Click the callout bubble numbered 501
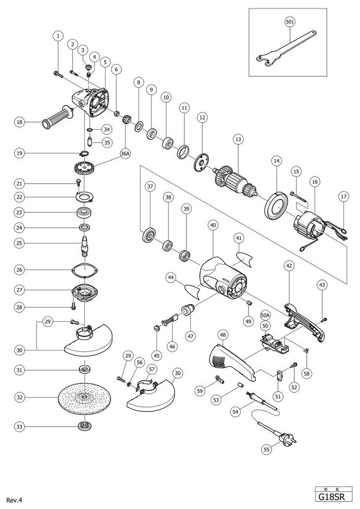click(290, 22)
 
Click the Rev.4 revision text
click(15, 500)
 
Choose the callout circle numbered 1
click(58, 35)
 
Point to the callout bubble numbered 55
click(267, 449)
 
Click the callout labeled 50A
click(265, 314)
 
